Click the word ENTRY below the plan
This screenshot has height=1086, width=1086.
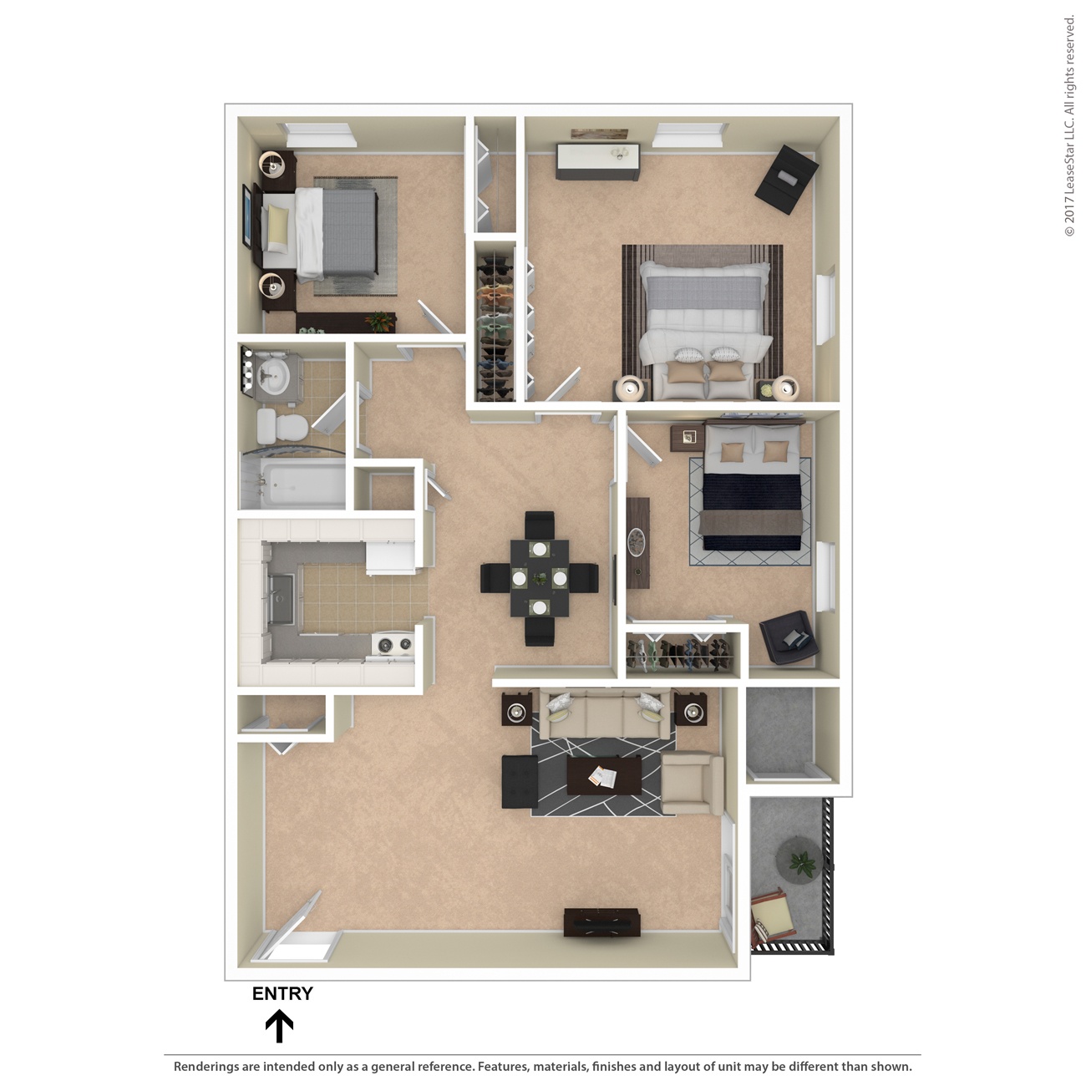click(282, 993)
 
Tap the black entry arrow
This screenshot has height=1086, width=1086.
click(279, 1027)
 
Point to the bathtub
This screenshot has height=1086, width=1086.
click(292, 485)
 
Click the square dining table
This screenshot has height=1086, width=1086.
click(539, 577)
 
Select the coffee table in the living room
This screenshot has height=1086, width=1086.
click(603, 776)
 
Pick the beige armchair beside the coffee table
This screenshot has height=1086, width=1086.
click(691, 783)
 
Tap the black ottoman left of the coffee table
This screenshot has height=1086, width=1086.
click(519, 781)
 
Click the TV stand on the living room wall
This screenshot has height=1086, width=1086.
click(601, 922)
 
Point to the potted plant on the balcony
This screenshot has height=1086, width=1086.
click(801, 860)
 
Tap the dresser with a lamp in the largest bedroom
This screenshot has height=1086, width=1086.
click(598, 161)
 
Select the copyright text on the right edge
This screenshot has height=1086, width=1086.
click(1069, 125)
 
